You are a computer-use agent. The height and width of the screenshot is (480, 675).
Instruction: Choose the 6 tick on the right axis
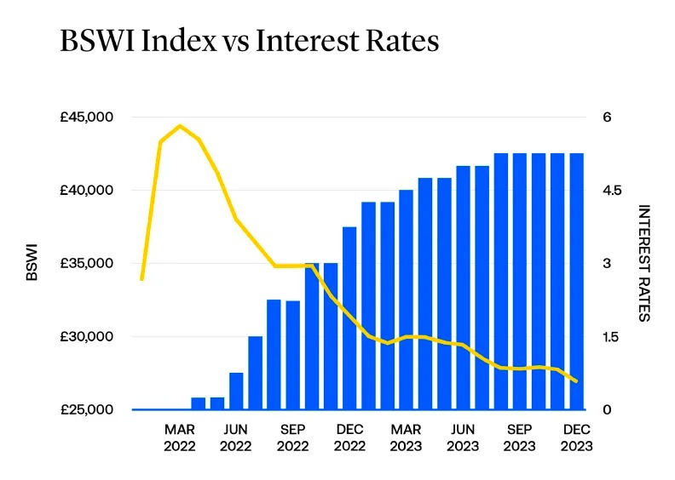pyautogui.click(x=607, y=117)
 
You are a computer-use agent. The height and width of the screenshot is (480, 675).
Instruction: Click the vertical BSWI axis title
pyautogui.click(x=32, y=263)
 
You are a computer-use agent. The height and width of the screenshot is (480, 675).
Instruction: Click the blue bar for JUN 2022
pyautogui.click(x=236, y=391)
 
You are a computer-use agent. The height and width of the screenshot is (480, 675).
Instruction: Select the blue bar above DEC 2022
pyautogui.click(x=349, y=318)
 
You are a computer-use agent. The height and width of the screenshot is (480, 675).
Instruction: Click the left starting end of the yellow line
pyautogui.click(x=142, y=278)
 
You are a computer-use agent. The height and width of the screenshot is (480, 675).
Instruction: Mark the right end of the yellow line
pyautogui.click(x=577, y=381)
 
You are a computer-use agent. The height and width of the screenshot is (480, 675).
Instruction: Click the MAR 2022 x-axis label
pyautogui.click(x=180, y=437)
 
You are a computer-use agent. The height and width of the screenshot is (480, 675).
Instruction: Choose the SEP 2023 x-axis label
pyautogui.click(x=519, y=437)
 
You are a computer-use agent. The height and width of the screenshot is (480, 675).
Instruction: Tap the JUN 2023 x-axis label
pyautogui.click(x=463, y=437)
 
